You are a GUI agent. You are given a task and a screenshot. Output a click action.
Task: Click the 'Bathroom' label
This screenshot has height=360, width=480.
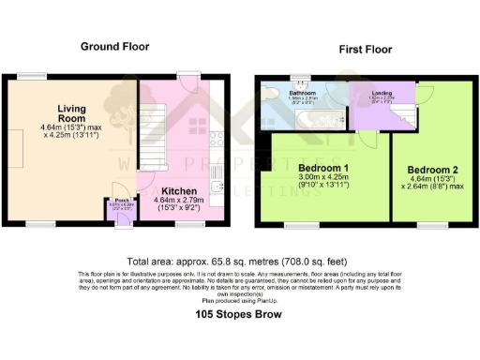[303, 93]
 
